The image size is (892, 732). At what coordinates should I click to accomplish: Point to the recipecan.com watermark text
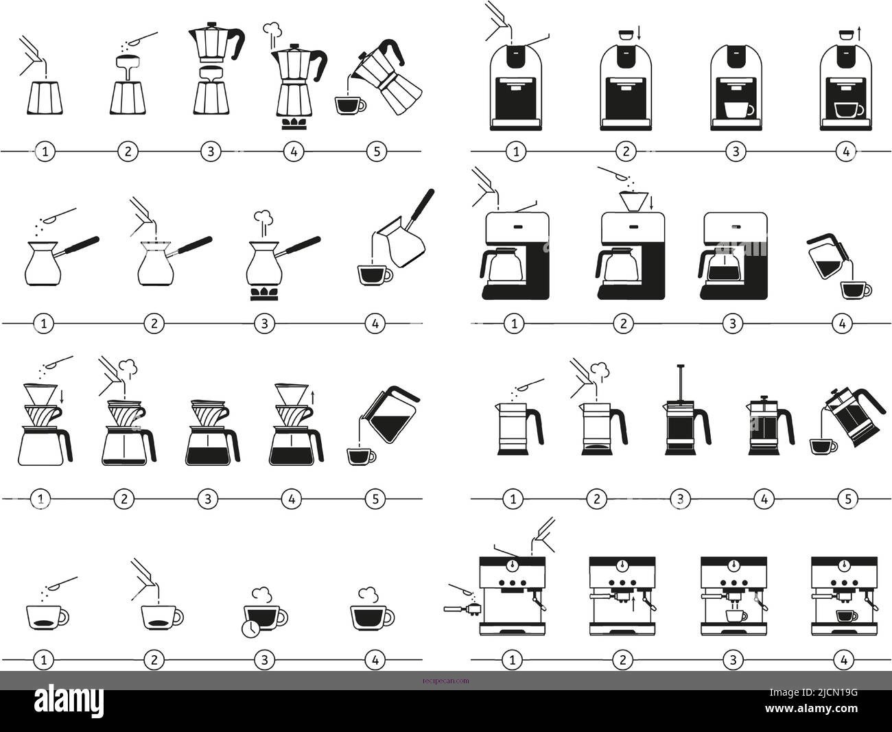tap(446, 681)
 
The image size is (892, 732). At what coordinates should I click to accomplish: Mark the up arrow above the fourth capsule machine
tap(860, 33)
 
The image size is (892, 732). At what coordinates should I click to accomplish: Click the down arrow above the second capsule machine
tap(639, 33)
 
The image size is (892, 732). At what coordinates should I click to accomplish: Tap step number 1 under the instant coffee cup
tap(44, 660)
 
